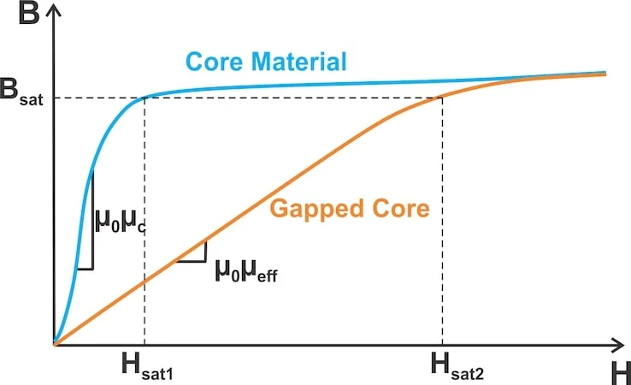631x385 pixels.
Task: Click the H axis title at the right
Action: tap(620, 371)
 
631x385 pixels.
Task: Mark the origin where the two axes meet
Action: tap(54, 345)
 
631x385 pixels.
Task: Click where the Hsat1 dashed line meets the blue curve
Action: tap(144, 97)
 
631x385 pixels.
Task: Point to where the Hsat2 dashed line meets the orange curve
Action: tap(442, 97)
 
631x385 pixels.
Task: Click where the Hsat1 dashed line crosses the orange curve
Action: tap(144, 281)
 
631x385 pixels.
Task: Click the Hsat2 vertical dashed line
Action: tap(442, 222)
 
